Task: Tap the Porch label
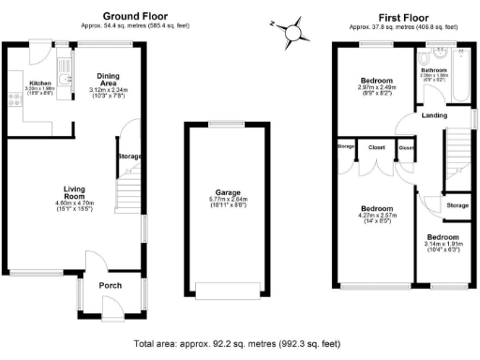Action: (x=112, y=285)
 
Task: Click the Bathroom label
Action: (x=433, y=71)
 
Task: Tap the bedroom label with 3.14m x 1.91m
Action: (x=443, y=238)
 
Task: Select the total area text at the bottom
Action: (x=238, y=343)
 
